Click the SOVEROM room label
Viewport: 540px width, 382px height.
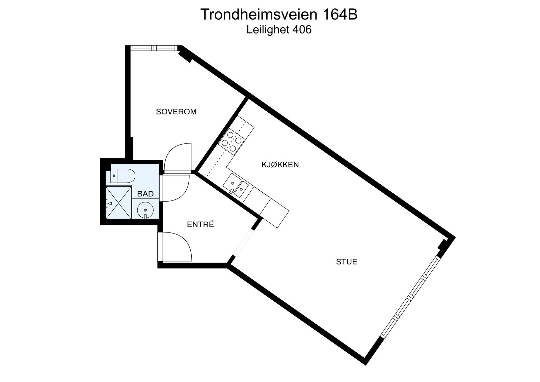point(176,112)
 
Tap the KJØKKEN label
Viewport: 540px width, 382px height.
point(280,165)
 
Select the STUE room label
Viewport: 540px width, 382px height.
point(347,262)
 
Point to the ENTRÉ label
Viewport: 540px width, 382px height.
point(200,224)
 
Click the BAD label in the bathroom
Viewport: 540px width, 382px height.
point(145,194)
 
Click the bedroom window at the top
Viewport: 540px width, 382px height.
point(154,48)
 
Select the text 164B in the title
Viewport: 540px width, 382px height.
point(340,15)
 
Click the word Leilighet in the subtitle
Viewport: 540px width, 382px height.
point(268,30)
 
